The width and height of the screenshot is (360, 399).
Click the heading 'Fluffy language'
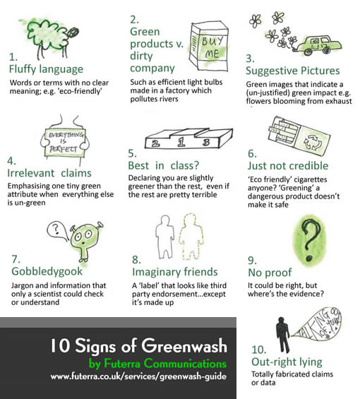coord(46,69)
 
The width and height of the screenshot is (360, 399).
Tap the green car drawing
coord(318,46)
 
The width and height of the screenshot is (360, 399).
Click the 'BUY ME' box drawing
coord(209,46)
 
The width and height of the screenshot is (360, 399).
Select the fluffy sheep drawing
coord(51,38)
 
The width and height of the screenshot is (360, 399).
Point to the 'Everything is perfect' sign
coord(65,142)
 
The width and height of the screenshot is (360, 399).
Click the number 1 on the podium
coord(181,142)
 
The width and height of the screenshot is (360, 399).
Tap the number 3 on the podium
coord(206,142)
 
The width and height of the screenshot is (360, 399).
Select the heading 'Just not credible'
coord(288,166)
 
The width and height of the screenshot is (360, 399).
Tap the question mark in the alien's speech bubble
coord(56,229)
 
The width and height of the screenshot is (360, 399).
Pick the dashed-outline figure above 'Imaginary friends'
coord(191,237)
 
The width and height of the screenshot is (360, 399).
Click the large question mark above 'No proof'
coord(310,239)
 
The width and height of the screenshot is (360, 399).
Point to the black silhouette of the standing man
coord(283,335)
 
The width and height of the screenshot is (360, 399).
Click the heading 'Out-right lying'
coord(287,362)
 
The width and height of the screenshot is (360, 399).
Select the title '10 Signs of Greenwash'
coord(138,346)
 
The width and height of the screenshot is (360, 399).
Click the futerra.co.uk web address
coord(138,376)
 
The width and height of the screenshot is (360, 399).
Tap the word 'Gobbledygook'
coord(47,271)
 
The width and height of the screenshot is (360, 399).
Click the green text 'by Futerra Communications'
coord(157,364)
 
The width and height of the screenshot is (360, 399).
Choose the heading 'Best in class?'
coord(163,166)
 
